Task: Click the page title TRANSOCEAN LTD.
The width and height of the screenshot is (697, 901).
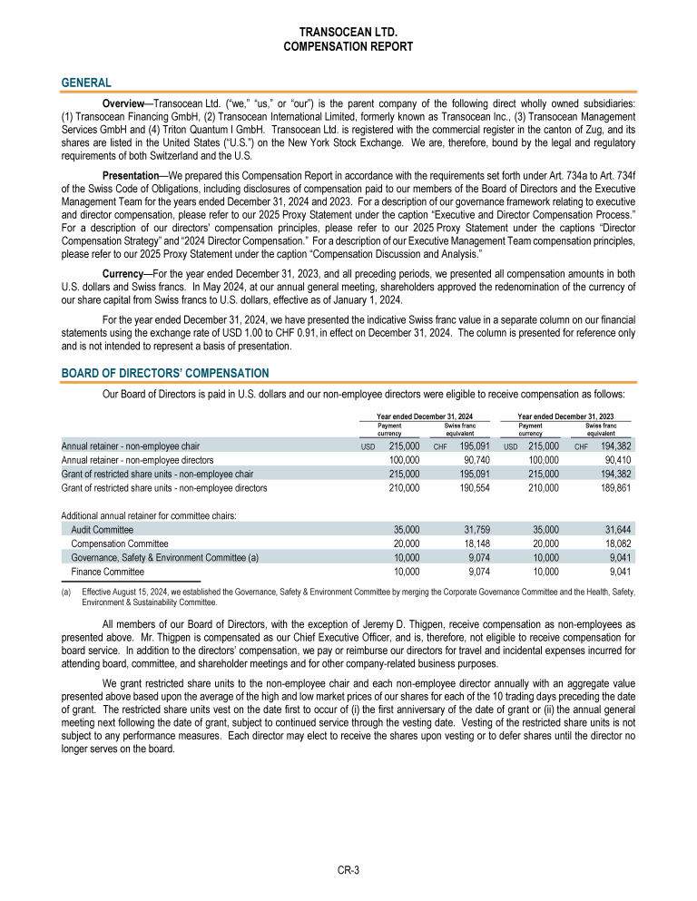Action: click(348, 32)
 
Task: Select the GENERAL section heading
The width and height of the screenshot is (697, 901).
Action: click(86, 83)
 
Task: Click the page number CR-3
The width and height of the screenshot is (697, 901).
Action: click(348, 871)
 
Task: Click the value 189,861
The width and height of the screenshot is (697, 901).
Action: click(614, 487)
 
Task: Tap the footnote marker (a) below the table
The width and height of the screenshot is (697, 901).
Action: click(65, 591)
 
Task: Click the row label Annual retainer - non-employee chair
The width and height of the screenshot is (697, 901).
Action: click(130, 446)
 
